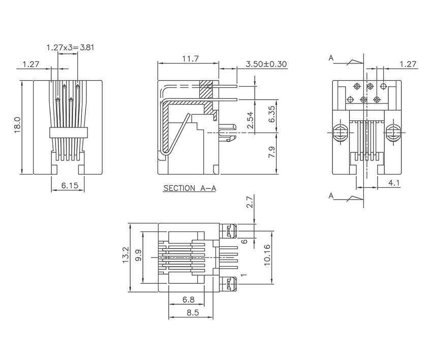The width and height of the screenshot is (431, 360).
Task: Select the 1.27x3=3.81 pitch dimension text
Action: click(x=70, y=47)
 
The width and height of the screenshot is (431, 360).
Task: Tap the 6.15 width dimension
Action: click(x=70, y=186)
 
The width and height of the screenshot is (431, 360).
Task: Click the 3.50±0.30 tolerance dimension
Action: click(x=266, y=64)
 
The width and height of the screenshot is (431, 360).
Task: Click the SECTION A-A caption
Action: click(x=190, y=188)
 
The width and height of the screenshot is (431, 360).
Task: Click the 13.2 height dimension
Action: click(x=126, y=256)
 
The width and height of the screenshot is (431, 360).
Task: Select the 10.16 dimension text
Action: click(x=267, y=256)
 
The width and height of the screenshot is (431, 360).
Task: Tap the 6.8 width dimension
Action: click(x=188, y=300)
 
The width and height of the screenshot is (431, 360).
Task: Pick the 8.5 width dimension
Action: click(x=192, y=312)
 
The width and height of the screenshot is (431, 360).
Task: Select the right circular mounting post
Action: click(x=392, y=134)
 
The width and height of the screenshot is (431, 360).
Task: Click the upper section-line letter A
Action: click(x=331, y=58)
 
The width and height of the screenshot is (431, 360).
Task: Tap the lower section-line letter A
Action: click(x=331, y=195)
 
